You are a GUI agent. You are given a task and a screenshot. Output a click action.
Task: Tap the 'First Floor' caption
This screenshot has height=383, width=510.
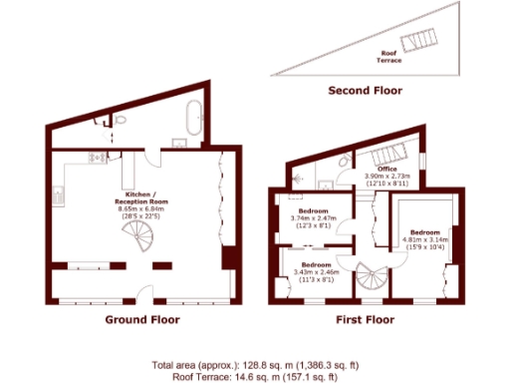click(364, 320)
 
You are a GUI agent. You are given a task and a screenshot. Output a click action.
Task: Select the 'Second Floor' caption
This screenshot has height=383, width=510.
click(366, 91)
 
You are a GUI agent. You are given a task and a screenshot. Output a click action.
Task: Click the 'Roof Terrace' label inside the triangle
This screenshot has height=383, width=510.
click(390, 57)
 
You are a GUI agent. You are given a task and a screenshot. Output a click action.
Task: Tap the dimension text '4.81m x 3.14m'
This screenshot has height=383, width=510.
click(426, 239)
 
